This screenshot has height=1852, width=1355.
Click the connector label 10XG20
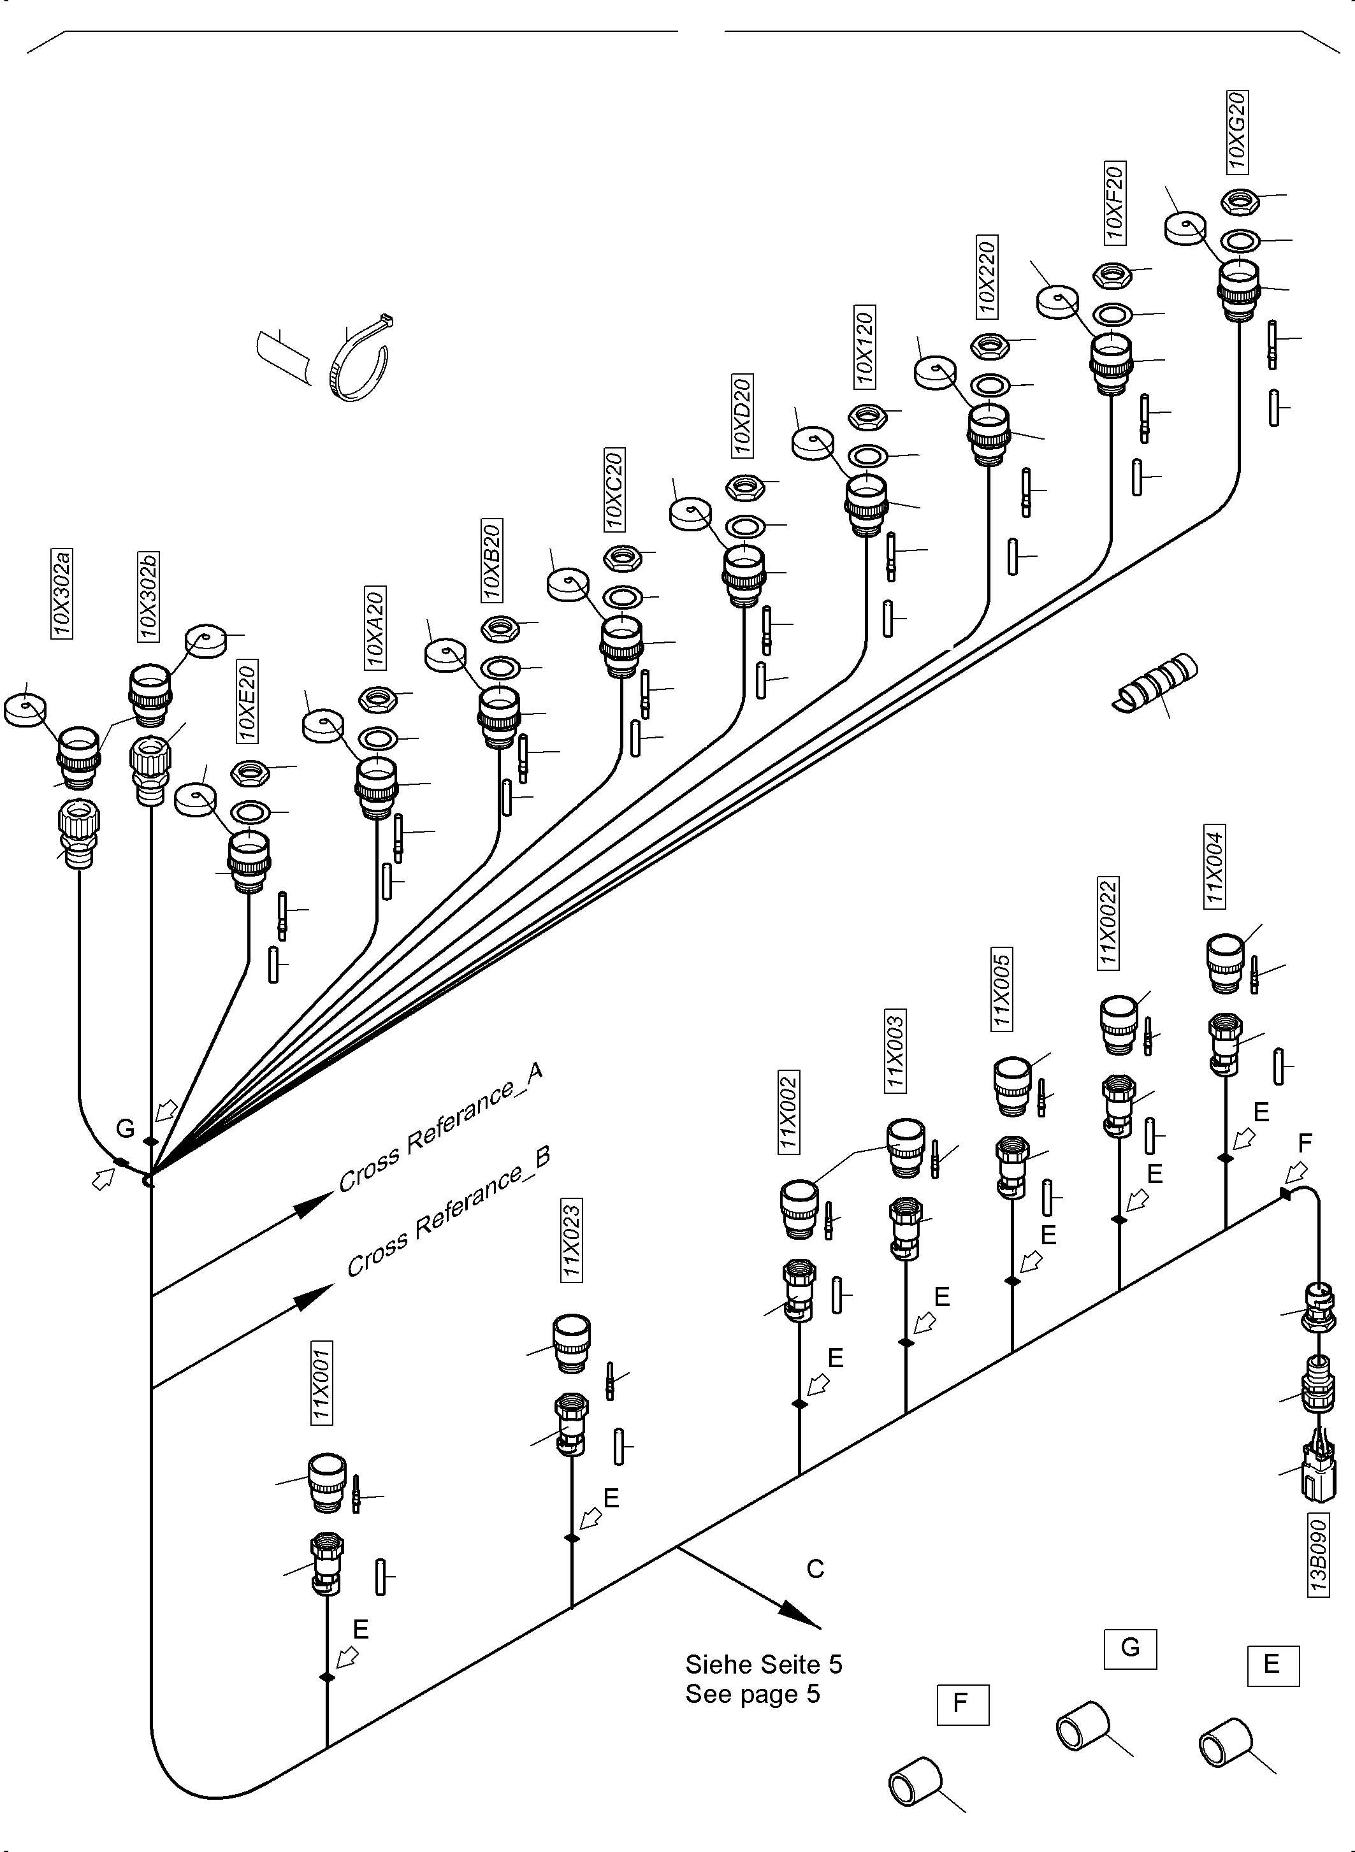click(1237, 131)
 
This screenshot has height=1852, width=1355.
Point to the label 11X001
click(321, 1383)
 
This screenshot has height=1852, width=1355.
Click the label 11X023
click(571, 1240)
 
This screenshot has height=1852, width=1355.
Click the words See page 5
click(752, 1694)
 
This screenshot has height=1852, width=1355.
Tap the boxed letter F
click(961, 1704)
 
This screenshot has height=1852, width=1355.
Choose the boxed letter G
click(1129, 1648)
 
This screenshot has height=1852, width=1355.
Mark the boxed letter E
click(1272, 1664)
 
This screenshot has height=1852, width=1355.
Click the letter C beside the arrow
click(815, 1568)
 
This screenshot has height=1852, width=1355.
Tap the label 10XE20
click(247, 700)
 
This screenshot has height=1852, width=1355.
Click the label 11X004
click(1214, 866)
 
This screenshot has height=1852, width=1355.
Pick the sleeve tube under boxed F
click(915, 1781)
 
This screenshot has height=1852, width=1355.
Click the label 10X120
click(864, 347)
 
